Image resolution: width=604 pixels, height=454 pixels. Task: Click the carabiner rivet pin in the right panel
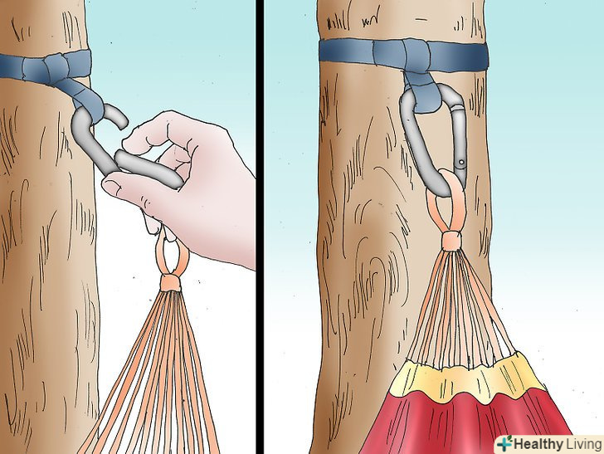click(x=461, y=163)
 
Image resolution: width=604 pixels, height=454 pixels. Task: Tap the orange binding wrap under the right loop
click(x=451, y=241)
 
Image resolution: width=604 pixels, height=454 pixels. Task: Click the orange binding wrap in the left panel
click(x=171, y=282)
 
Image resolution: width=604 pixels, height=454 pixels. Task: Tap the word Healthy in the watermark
click(x=538, y=444)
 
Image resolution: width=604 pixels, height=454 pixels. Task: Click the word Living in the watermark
click(x=582, y=444)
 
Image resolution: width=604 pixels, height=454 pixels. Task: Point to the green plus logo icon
click(x=504, y=443)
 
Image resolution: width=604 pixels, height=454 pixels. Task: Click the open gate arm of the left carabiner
click(x=149, y=168)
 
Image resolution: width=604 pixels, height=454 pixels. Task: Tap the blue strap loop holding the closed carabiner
click(x=422, y=91)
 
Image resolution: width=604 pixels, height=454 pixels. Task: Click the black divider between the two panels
click(x=260, y=227)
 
